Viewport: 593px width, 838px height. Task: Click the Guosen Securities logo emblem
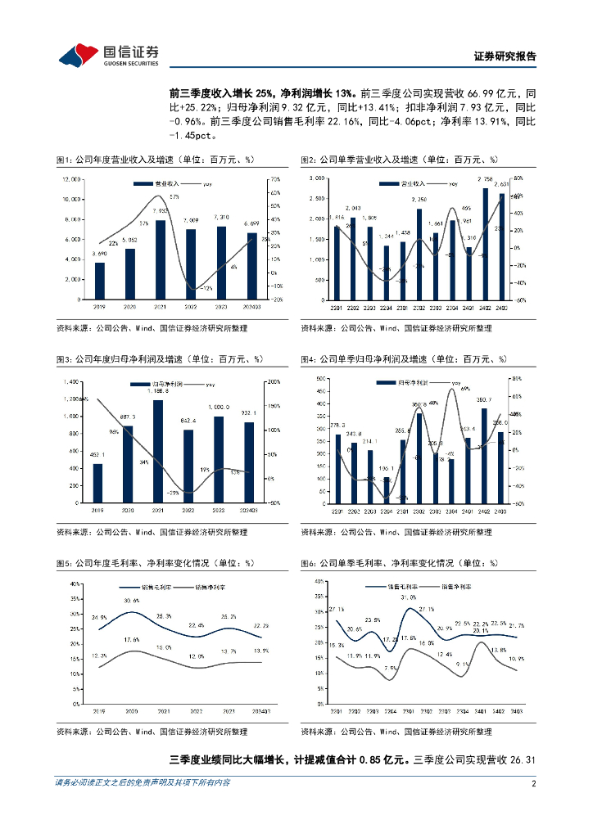[x=78, y=56]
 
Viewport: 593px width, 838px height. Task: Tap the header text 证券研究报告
[x=505, y=56]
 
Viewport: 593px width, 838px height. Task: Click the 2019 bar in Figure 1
[x=100, y=281]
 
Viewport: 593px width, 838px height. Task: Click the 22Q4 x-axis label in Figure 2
[x=386, y=307]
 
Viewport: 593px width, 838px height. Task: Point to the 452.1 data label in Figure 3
[x=99, y=455]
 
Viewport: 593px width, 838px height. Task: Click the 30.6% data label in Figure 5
[x=132, y=601]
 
